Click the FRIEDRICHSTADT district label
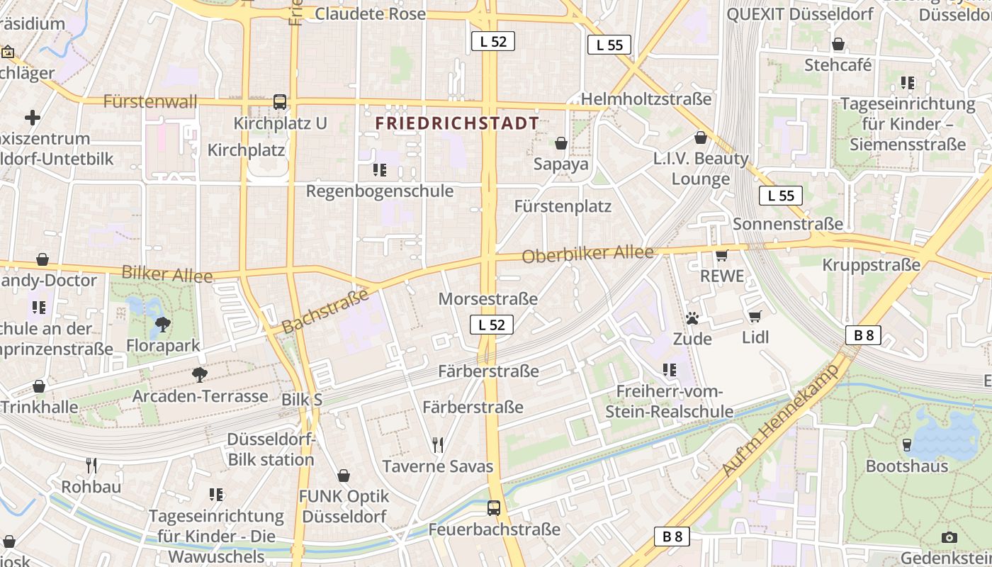457,123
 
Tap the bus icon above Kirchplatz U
280,102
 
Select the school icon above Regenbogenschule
379,170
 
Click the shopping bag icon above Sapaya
561,144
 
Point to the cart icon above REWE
722,255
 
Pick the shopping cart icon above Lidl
755,316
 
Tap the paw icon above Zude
692,318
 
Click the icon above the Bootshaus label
906,445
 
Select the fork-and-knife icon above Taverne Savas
438,445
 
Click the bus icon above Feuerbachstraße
494,508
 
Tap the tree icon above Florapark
163,325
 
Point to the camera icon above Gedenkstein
949,537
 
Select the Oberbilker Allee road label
587,254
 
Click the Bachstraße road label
325,311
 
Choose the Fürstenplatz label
563,207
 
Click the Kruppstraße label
871,265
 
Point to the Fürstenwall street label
150,101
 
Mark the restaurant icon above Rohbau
91,466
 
